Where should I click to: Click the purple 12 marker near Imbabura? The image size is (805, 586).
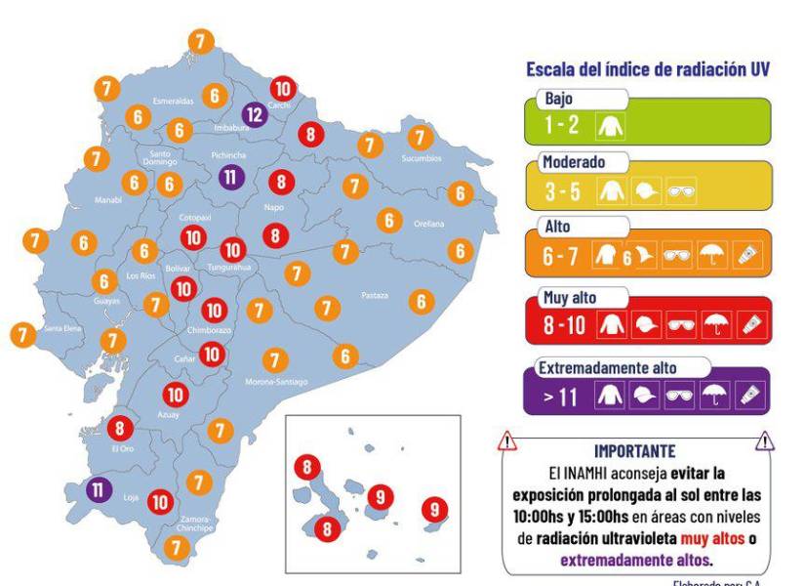[x=254, y=115]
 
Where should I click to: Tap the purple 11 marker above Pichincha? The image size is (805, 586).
[x=230, y=178]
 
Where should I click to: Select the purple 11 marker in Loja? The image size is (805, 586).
[x=100, y=488]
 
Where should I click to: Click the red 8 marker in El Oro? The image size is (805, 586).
[x=120, y=428]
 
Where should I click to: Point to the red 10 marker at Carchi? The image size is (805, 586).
[x=284, y=88]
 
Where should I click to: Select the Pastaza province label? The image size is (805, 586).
[x=374, y=294]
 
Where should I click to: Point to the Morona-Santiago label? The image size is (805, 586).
[x=275, y=381]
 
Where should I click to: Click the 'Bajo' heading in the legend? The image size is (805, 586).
[x=559, y=100]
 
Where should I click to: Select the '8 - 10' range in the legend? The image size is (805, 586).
[x=563, y=322]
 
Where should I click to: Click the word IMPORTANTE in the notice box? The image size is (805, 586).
[x=634, y=451]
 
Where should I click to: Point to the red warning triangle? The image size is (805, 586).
[x=508, y=442]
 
